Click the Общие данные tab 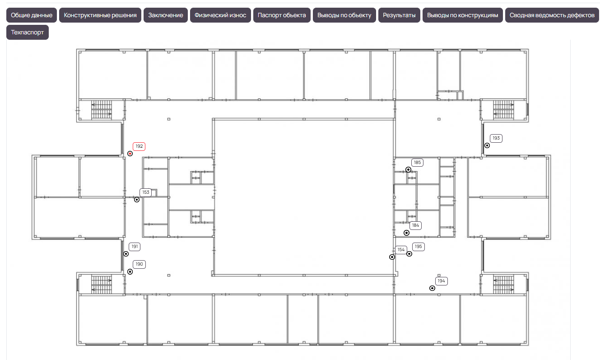[32, 15]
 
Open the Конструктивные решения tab [100, 15]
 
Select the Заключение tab [166, 15]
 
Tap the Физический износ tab [220, 15]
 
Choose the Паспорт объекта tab [282, 15]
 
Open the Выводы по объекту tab [344, 15]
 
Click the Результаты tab [399, 15]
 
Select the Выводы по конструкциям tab [463, 15]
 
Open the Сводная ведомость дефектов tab [552, 15]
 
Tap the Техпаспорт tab [28, 33]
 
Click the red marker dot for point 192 [130, 154]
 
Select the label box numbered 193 [496, 138]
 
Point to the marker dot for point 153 [137, 200]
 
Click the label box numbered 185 [417, 163]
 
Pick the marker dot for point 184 [406, 233]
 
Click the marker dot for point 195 [409, 254]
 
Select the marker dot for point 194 [432, 288]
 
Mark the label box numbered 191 [135, 247]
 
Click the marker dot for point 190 [130, 272]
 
